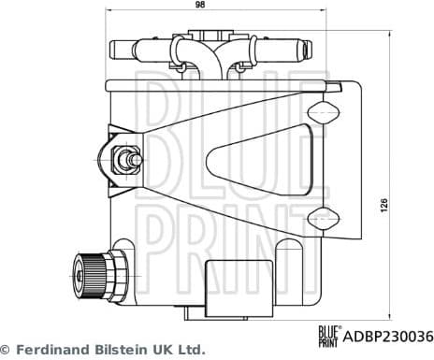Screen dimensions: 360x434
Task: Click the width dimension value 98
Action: [200, 6]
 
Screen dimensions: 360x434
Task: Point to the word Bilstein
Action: [118, 349]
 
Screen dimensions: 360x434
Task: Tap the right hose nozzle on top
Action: [279, 43]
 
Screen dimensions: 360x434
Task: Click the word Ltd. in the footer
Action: [191, 349]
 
